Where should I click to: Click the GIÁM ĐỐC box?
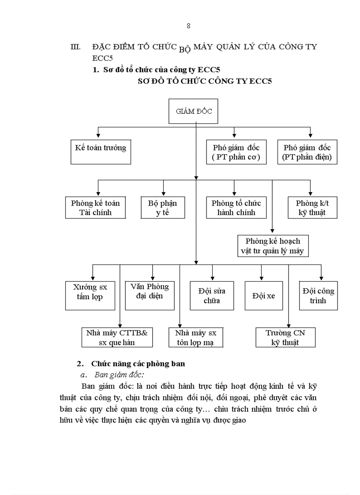pyautogui.click(x=194, y=112)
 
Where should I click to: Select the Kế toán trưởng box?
pyautogui.click(x=101, y=152)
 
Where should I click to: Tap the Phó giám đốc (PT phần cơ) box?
pyautogui.click(x=236, y=152)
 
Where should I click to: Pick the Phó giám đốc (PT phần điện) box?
pyautogui.click(x=307, y=152)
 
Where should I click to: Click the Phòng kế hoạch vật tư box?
pyautogui.click(x=272, y=246)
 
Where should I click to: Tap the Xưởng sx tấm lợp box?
pyautogui.click(x=90, y=292)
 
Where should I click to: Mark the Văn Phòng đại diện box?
pyautogui.click(x=150, y=291)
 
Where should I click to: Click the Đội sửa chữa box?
pyautogui.click(x=212, y=296)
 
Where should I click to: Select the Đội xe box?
pyautogui.click(x=264, y=296)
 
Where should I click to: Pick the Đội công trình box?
pyautogui.click(x=318, y=296)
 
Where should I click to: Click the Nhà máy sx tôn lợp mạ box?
pyautogui.click(x=196, y=337)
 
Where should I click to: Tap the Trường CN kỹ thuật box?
pyautogui.click(x=285, y=337)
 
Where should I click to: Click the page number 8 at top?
pyautogui.click(x=188, y=26)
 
